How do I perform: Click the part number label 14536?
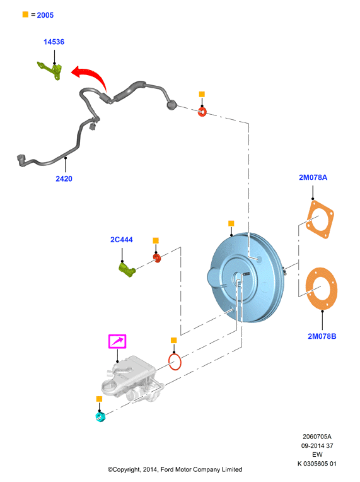click(54, 42)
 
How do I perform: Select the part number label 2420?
click(64, 179)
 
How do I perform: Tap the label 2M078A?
click(313, 177)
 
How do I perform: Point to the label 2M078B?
click(322, 336)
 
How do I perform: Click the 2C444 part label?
click(121, 240)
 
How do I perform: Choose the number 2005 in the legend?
click(45, 15)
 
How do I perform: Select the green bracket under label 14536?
click(50, 70)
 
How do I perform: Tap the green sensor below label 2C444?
click(127, 269)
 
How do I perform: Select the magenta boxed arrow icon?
click(117, 341)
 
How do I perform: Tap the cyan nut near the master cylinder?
click(100, 417)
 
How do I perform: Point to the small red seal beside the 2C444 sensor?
click(157, 258)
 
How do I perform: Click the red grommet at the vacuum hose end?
click(202, 112)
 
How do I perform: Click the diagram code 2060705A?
click(317, 437)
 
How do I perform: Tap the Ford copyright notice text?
click(175, 469)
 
